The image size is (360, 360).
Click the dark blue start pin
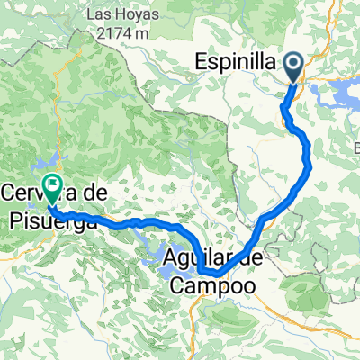click(x=295, y=66)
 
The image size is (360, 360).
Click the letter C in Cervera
click(x=11, y=192)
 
